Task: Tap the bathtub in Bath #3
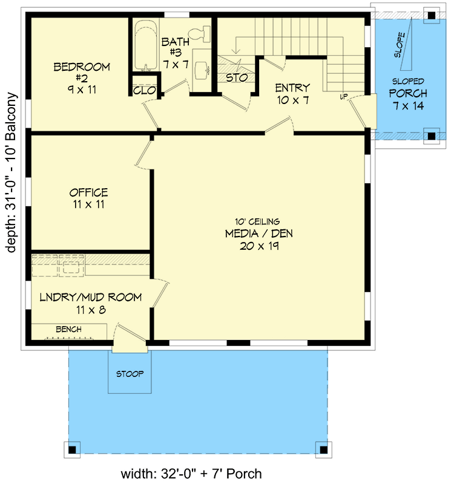(145, 45)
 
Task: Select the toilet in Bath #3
(200, 34)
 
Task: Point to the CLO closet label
(145, 91)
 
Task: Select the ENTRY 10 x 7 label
(292, 94)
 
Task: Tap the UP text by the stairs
(343, 96)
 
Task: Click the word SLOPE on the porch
(400, 45)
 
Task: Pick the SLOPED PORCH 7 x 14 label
(407, 94)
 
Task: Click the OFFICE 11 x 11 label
(88, 198)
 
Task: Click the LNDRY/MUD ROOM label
(90, 302)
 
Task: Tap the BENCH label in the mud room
(68, 329)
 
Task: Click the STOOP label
(130, 374)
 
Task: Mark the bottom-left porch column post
(72, 449)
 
